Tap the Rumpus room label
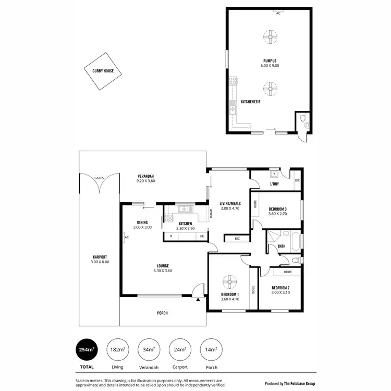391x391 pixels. tap(270, 60)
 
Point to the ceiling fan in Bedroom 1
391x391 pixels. tap(229, 282)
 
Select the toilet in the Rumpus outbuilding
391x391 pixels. tap(306, 124)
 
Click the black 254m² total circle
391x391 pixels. tap(87, 349)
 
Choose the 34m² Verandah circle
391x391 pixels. tap(149, 349)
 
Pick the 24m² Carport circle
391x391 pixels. tap(180, 349)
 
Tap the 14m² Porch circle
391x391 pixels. tap(211, 349)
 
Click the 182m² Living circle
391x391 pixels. tap(118, 349)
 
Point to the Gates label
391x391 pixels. tap(99, 178)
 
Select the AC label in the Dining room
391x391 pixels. tap(126, 238)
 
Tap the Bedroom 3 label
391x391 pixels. tap(278, 210)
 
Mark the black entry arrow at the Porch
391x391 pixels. tap(199, 300)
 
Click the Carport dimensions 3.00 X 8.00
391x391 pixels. tap(100, 262)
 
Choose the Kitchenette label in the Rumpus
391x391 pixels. tap(250, 102)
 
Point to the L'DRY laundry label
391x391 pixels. tap(275, 184)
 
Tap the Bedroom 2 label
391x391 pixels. tap(280, 288)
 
